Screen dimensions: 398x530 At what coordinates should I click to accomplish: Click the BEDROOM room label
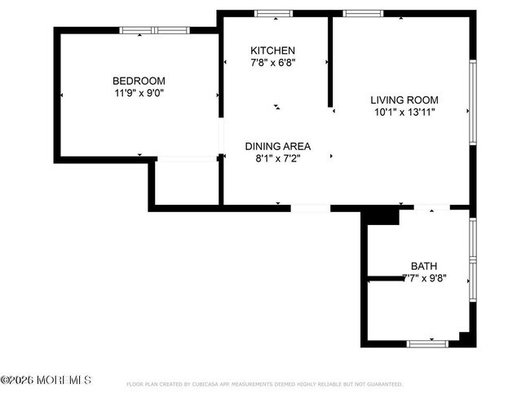tap(139, 81)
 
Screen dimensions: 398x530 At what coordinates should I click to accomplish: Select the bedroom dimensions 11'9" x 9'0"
tap(139, 93)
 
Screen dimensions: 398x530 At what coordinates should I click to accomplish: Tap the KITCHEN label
tap(272, 51)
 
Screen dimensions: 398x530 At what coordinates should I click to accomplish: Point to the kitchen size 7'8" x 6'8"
tap(272, 63)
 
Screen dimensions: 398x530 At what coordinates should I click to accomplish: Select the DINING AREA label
tap(278, 146)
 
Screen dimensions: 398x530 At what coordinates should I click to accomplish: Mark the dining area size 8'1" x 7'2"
tap(278, 159)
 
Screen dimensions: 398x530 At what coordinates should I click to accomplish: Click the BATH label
tap(423, 266)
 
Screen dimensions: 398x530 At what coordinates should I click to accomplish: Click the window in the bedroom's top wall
tap(155, 30)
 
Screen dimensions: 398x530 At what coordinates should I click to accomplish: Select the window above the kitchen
tap(274, 13)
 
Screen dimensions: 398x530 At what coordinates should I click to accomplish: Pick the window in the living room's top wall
tap(363, 13)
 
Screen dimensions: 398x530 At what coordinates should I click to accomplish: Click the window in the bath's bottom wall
tap(427, 343)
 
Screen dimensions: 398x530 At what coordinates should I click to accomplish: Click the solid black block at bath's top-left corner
tap(379, 215)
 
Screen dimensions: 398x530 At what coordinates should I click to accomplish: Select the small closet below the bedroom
tap(187, 182)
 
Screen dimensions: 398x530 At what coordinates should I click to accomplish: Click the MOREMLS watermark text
tap(46, 381)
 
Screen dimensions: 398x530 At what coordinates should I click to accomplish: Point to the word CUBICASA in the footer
tap(214, 383)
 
